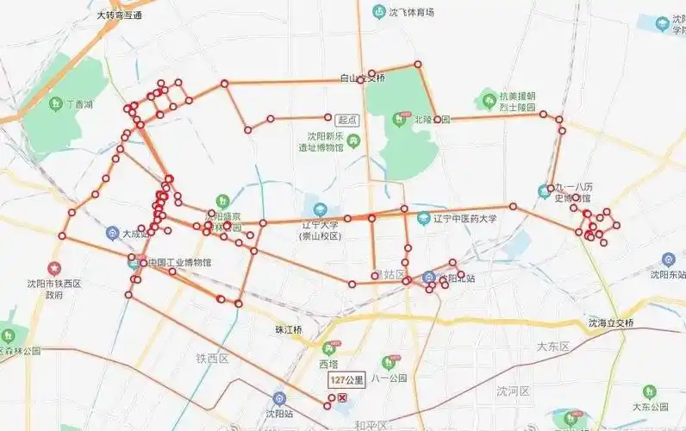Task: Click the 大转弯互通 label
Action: point(120,16)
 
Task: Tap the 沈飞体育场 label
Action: point(411,12)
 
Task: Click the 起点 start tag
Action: point(347,121)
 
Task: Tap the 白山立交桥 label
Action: point(362,78)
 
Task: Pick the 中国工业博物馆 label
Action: point(179,263)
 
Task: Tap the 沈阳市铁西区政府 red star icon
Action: point(55,269)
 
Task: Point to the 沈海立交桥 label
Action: point(611,323)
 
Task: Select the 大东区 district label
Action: point(553,347)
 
